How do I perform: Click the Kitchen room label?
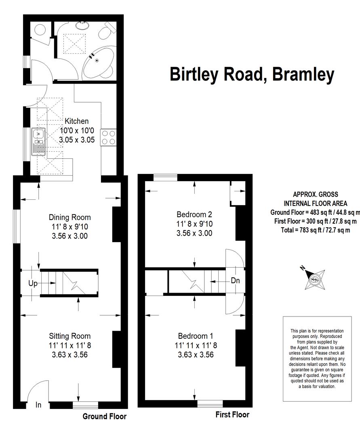pyautogui.click(x=76, y=121)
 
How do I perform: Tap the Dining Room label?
pyautogui.click(x=70, y=217)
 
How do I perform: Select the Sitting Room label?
pyautogui.click(x=69, y=336)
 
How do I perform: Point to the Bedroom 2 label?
pyautogui.click(x=194, y=214)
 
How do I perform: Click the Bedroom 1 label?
pyautogui.click(x=196, y=336)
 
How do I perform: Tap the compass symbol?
pyautogui.click(x=314, y=278)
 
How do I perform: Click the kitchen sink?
pyautogui.click(x=38, y=142)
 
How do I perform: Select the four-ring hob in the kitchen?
pyautogui.click(x=109, y=137)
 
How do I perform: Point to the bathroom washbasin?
pyautogui.click(x=82, y=25)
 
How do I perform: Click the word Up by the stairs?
pyautogui.click(x=33, y=284)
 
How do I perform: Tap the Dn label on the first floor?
pyautogui.click(x=236, y=281)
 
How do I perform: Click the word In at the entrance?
pyautogui.click(x=38, y=405)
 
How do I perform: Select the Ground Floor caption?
pyautogui.click(x=105, y=416)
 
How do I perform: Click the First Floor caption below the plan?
pyautogui.click(x=232, y=415)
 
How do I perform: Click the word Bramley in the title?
pyautogui.click(x=303, y=75)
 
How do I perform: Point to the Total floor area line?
pyautogui.click(x=315, y=230)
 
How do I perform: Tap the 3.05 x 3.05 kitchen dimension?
pyautogui.click(x=77, y=140)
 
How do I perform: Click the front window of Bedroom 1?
pyautogui.click(x=210, y=404)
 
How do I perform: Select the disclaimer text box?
pyautogui.click(x=318, y=359)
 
